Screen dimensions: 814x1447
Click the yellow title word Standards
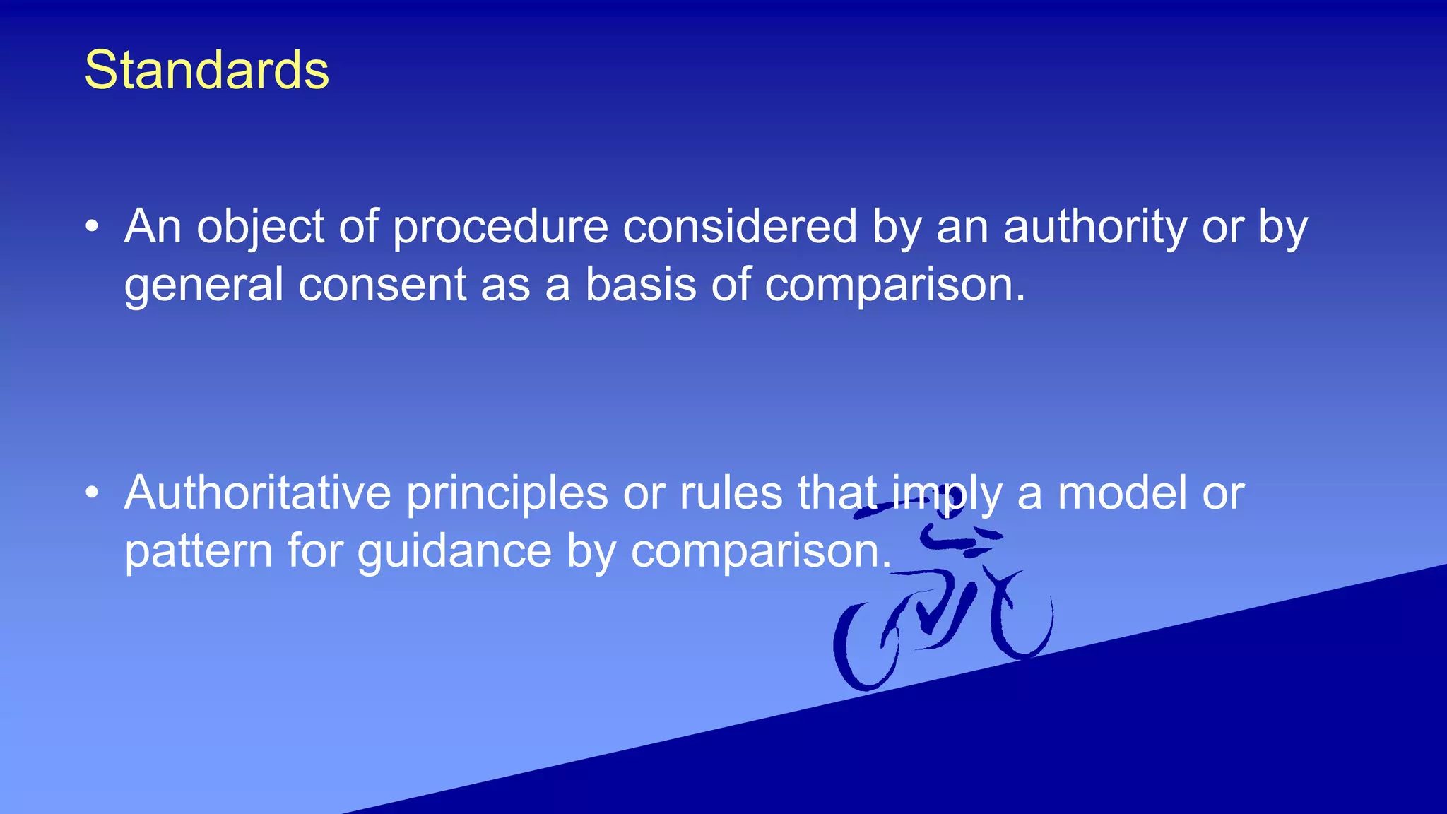click(x=206, y=71)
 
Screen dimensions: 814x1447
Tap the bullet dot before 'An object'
click(x=91, y=227)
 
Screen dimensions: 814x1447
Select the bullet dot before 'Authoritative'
click(x=91, y=493)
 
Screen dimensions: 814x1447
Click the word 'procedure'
click(x=500, y=228)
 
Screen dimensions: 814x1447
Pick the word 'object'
click(x=260, y=228)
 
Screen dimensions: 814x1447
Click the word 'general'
click(x=203, y=285)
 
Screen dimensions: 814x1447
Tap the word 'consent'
click(x=382, y=284)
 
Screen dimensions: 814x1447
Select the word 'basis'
click(x=641, y=284)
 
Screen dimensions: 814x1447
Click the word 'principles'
click(x=507, y=494)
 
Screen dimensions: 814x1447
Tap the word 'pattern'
click(x=199, y=551)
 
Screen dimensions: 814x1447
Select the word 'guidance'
click(x=454, y=552)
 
